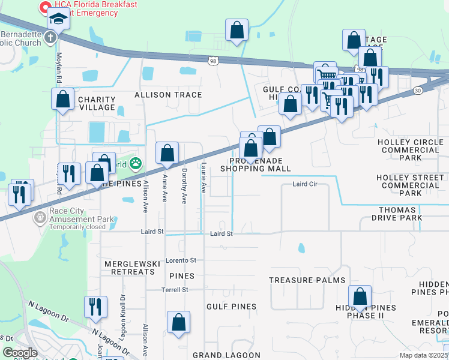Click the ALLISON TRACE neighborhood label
(x=168, y=95)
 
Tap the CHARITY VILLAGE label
(x=96, y=103)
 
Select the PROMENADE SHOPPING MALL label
(x=255, y=165)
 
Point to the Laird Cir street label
(x=304, y=184)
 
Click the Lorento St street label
(x=181, y=260)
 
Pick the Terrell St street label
(x=175, y=289)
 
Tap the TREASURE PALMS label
(x=307, y=280)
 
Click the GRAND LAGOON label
(x=226, y=355)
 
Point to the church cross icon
(x=50, y=37)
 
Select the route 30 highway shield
(x=417, y=90)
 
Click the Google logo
(x=20, y=353)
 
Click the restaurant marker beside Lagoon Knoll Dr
(x=95, y=307)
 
